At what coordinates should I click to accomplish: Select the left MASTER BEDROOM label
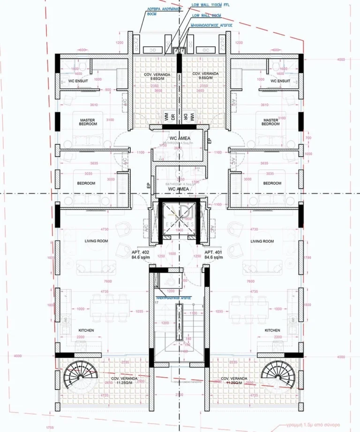coord(87,122)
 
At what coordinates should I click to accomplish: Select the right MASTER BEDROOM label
coord(270,122)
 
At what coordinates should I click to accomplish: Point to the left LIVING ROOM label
coord(96,241)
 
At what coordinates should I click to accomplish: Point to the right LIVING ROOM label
coord(262,241)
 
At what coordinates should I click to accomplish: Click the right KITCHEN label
coord(272,330)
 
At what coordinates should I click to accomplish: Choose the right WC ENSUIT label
coord(280,81)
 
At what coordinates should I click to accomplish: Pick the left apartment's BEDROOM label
coord(86,183)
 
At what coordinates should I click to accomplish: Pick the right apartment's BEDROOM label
coord(272,183)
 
